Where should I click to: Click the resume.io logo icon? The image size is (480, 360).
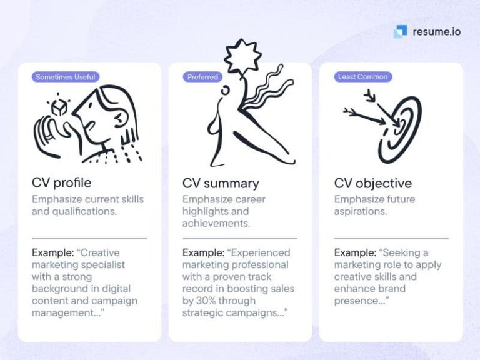400,31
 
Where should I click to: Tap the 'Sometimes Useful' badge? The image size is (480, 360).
66,77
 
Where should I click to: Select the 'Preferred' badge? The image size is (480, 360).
203,77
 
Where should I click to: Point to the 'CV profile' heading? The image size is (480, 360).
61,183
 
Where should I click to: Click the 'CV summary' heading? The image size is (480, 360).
221,183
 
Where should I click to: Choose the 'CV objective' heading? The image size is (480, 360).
372,183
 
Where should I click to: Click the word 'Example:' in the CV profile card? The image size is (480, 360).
53,253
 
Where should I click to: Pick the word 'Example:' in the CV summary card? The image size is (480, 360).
204,253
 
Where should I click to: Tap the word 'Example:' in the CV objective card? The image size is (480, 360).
356,253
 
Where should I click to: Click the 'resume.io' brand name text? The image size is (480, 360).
436,31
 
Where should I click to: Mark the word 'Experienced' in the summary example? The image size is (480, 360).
261,253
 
